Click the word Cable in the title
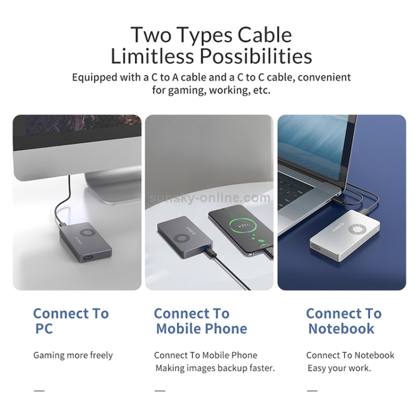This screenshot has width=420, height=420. (264, 35)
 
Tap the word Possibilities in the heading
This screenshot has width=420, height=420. (256, 56)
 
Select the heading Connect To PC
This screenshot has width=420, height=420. (71, 321)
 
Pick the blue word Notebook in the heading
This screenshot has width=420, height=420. (341, 329)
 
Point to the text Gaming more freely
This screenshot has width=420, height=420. (73, 356)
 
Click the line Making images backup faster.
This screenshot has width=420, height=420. (215, 368)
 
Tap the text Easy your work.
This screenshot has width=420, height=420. (339, 368)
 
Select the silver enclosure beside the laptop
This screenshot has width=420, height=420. (345, 236)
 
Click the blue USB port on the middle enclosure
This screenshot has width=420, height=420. (206, 247)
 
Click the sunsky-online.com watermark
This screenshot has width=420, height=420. (210, 198)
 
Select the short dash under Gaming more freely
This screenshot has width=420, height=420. (39, 391)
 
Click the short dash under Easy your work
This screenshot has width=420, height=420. (312, 391)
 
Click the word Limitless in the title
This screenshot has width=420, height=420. (152, 56)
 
